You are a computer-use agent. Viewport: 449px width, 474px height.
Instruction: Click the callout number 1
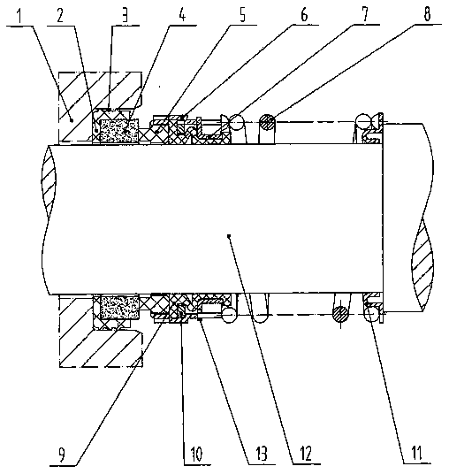point(19,16)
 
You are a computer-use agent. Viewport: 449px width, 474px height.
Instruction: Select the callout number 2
point(60,15)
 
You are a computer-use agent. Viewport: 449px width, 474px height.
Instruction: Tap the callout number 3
point(125,14)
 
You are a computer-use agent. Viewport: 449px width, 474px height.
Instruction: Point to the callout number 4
point(181,14)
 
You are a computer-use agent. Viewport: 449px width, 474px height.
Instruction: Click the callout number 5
point(243,14)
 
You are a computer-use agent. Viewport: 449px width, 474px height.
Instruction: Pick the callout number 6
point(304,14)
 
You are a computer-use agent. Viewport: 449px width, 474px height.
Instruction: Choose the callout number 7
point(365,14)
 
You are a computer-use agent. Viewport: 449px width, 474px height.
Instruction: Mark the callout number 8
point(427,13)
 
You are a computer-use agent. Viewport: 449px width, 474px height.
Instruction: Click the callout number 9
point(62,455)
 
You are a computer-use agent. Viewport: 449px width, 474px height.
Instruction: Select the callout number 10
point(196,454)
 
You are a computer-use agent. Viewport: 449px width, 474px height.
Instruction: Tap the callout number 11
point(417,453)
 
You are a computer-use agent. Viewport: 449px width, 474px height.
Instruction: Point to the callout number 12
point(305,453)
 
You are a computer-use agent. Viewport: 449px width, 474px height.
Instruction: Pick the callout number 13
point(262,454)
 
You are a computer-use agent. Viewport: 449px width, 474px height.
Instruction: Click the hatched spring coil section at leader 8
point(268,122)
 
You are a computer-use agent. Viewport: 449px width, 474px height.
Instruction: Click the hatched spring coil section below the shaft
point(340,315)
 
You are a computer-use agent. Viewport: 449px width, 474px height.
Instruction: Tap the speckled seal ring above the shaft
point(118,131)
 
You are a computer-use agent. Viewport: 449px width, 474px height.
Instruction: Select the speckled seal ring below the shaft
point(119,307)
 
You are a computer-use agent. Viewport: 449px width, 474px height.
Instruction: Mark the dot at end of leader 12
point(229,235)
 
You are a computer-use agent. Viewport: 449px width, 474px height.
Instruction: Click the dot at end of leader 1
point(72,120)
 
